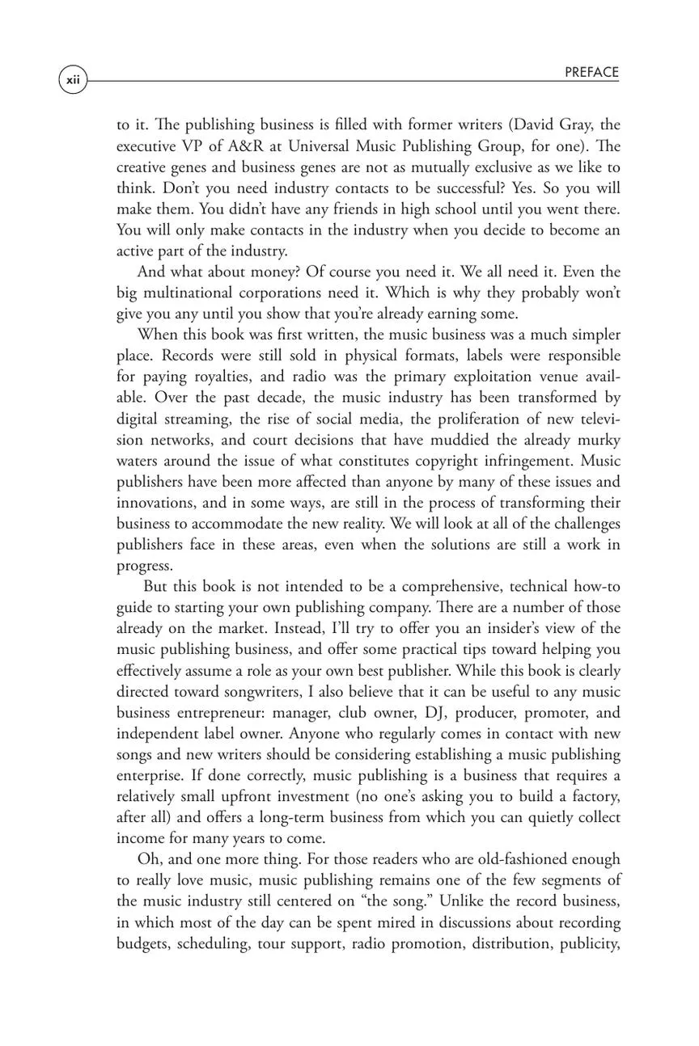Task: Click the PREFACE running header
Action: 591,73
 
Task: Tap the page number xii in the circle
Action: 73,81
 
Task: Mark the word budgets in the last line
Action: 143,943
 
